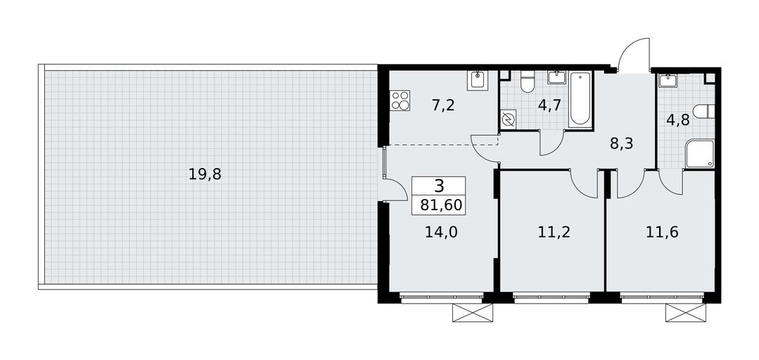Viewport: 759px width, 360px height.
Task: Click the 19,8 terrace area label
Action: point(205,174)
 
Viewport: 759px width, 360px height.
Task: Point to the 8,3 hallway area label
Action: point(622,143)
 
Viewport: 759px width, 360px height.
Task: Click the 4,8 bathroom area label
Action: point(678,120)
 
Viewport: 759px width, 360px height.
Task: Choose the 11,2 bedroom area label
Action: point(554,232)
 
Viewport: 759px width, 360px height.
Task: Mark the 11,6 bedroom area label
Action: point(662,232)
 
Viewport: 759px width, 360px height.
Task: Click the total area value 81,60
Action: point(441,205)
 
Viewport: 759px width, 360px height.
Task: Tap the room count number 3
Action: point(439,186)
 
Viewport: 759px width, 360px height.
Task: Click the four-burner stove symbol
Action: point(400,100)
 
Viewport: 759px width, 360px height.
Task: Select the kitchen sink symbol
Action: point(478,80)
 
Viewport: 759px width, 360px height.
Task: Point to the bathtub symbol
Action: point(580,100)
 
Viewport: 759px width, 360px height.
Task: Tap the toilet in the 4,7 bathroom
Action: point(526,82)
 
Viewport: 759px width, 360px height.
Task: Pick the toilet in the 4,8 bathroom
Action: point(704,111)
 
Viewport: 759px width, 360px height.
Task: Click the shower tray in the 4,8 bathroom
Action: point(700,154)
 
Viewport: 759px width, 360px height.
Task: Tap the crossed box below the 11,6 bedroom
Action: point(685,313)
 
